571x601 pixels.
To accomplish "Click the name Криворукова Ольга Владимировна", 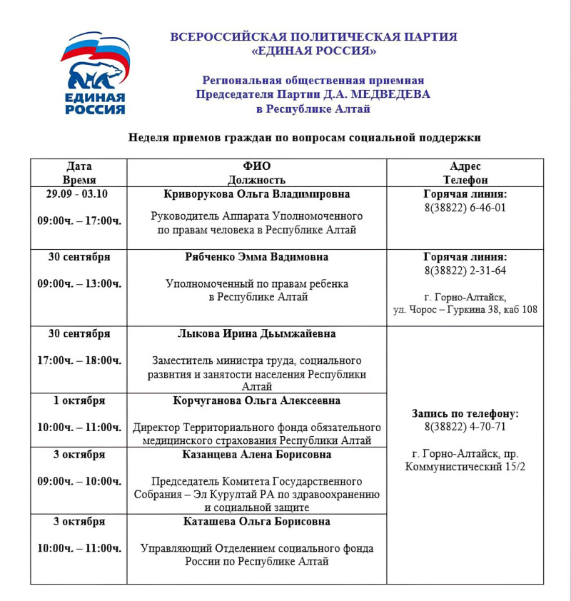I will (x=257, y=194).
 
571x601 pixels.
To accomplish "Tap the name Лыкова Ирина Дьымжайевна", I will (x=257, y=333).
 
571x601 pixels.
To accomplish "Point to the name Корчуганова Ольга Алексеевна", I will (x=257, y=400).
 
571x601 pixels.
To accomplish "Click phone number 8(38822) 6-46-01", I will (x=465, y=208).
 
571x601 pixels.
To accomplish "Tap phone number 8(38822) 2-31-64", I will (x=465, y=271).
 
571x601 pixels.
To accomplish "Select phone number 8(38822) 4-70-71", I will (x=465, y=427).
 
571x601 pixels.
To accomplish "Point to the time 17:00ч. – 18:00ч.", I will (x=79, y=360).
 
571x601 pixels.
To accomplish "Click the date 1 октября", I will (x=79, y=400).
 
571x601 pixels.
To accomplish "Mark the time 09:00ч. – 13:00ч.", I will (x=79, y=283).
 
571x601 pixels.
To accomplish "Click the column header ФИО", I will (x=257, y=166).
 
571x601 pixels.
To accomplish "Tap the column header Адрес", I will (x=465, y=166).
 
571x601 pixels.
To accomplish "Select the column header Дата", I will (x=79, y=166).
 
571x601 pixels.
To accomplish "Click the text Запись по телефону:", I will (x=465, y=414).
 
